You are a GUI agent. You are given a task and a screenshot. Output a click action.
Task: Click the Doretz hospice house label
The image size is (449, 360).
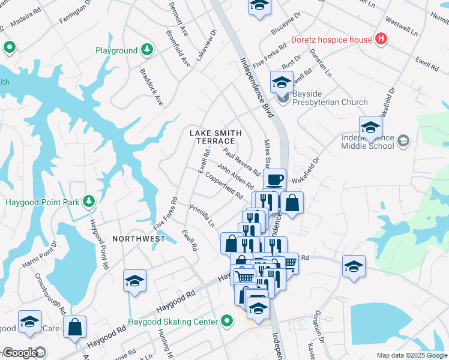coord(332,40)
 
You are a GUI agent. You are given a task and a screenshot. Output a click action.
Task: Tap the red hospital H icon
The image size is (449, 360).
coord(381,40)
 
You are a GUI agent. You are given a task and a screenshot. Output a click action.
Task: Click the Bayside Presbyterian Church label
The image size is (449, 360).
coord(330,102)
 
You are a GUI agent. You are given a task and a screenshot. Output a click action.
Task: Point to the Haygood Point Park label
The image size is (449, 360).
coord(42,202)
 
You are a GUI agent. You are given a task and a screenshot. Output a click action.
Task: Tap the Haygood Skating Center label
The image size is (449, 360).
coord(173,322)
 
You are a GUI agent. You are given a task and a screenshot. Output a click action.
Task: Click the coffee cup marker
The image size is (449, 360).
coord(274,179)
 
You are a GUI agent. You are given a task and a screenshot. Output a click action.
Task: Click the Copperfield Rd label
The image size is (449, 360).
coord(224,187)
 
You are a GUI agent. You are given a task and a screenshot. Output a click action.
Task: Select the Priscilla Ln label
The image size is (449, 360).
coord(202,216)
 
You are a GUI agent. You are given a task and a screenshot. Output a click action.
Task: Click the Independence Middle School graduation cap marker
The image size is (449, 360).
coord(371,128)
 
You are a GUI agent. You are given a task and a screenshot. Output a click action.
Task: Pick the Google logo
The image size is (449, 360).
coord(20,353)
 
